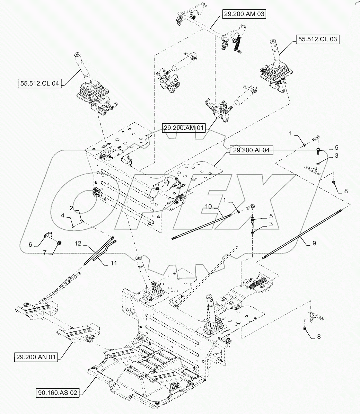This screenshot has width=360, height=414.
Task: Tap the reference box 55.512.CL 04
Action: (x=39, y=83)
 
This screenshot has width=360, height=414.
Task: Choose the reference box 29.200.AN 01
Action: (x=36, y=356)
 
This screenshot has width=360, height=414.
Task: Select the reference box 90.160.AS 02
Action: (x=57, y=393)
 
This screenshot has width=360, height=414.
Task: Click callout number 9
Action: (x=314, y=244)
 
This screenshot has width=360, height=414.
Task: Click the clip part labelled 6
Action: (x=48, y=236)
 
